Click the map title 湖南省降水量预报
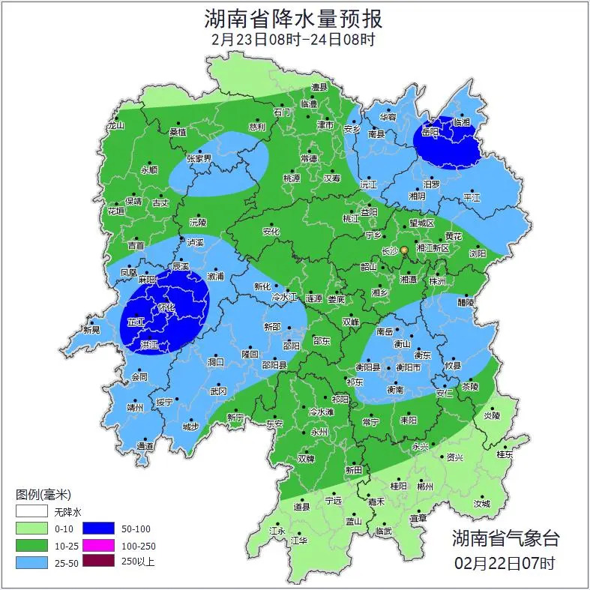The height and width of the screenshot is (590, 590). coord(294,18)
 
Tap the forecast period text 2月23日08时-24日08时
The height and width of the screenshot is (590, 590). coord(294,39)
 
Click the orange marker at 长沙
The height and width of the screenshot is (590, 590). coord(404,250)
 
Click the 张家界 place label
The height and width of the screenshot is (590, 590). coord(199,159)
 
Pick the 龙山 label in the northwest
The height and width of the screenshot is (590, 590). coord(115,126)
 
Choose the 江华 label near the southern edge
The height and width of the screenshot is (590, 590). coord(299,540)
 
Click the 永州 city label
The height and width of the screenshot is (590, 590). coord(320,433)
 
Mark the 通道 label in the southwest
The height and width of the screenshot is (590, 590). coord(145,446)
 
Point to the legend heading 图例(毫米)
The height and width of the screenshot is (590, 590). coord(43,495)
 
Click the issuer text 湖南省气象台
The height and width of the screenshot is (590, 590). coord(505,538)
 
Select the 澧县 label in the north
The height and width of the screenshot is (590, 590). coord(320,88)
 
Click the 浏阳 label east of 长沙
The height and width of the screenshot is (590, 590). coord(478,254)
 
